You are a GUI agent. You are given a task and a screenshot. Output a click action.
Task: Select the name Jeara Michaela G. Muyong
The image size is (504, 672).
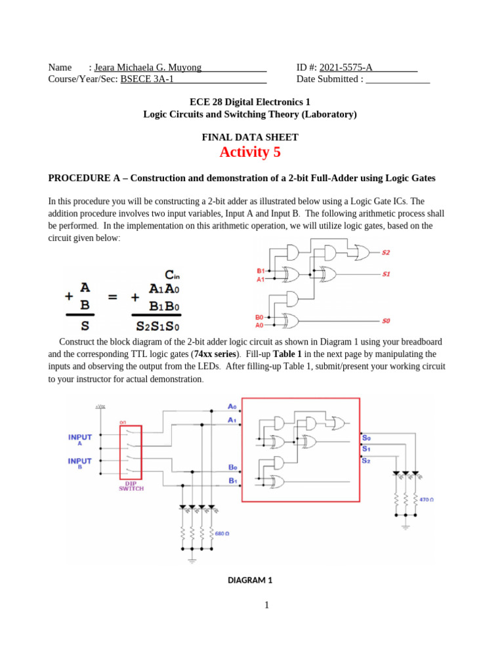pos(148,67)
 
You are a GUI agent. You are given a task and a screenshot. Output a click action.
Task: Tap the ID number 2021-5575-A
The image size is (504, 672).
pos(346,67)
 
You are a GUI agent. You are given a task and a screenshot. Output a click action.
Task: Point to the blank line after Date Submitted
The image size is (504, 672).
pos(398,79)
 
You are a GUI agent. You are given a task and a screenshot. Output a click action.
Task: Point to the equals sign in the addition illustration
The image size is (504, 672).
pos(112,297)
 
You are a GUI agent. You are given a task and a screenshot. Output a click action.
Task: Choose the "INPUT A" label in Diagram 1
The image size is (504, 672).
pos(80,439)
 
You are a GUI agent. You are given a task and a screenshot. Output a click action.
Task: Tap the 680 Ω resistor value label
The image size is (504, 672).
pos(222,534)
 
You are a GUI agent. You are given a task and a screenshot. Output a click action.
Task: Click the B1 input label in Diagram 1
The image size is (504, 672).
pos(232,481)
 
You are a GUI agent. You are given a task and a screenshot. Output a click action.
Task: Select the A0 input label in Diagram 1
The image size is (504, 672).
pos(232,407)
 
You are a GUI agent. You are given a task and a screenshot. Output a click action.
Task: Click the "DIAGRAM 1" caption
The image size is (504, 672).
pos(249,580)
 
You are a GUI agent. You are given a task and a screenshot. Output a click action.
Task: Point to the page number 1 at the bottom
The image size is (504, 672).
pos(268,605)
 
